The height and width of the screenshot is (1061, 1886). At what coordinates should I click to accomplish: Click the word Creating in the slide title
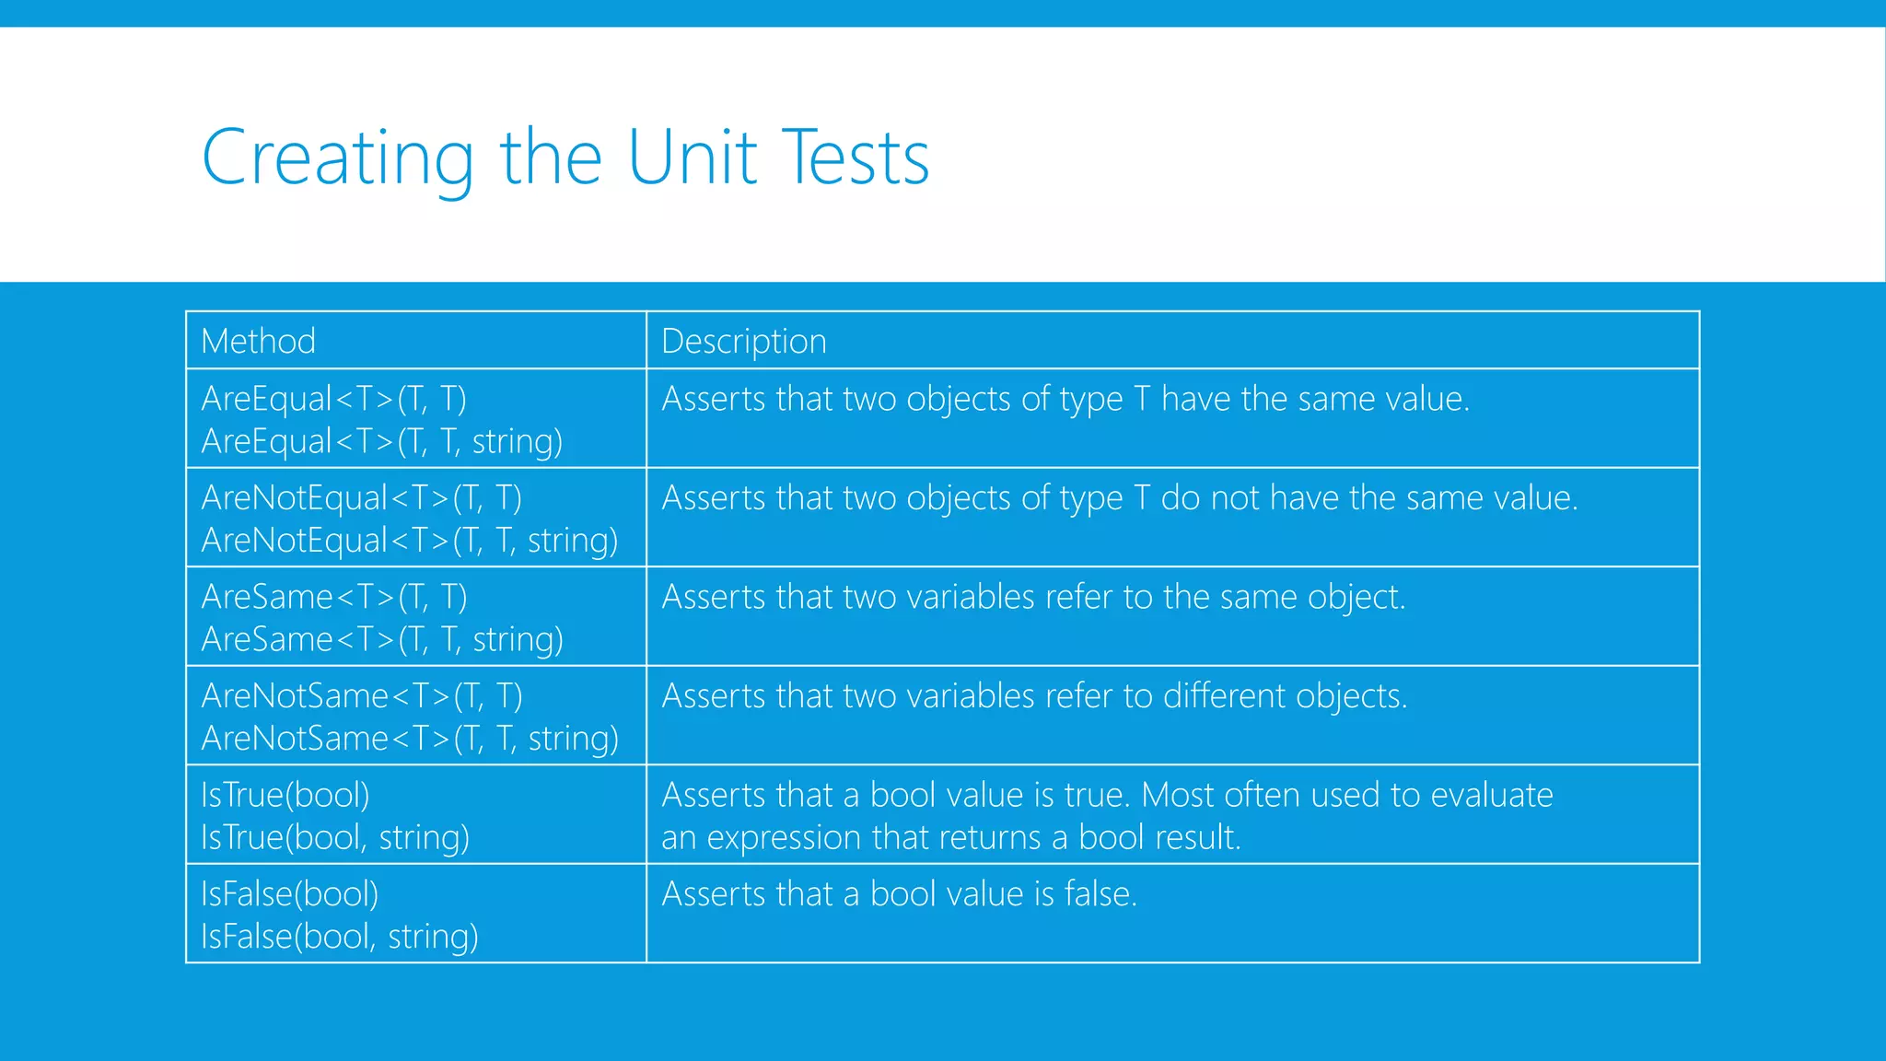[337, 158]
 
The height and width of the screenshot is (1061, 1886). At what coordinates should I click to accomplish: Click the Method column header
[258, 342]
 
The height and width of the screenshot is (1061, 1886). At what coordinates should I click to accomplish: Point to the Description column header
[743, 342]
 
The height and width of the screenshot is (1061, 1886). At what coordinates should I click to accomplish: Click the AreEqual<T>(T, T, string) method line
[381, 442]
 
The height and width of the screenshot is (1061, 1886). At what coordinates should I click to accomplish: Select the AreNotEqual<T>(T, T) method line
[361, 498]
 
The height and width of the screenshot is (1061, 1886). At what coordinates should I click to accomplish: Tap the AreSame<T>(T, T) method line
[333, 598]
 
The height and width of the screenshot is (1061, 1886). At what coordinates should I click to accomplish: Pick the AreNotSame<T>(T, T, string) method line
[410, 739]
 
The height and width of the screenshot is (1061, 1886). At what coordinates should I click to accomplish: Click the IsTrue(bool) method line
[285, 795]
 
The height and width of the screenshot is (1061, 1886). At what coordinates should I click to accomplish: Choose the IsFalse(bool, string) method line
[339, 937]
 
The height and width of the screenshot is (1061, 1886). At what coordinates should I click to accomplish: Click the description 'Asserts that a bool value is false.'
[899, 894]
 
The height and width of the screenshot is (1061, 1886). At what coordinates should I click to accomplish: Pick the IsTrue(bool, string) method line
[334, 838]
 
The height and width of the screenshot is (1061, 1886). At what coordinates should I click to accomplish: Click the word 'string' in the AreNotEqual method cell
[572, 541]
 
